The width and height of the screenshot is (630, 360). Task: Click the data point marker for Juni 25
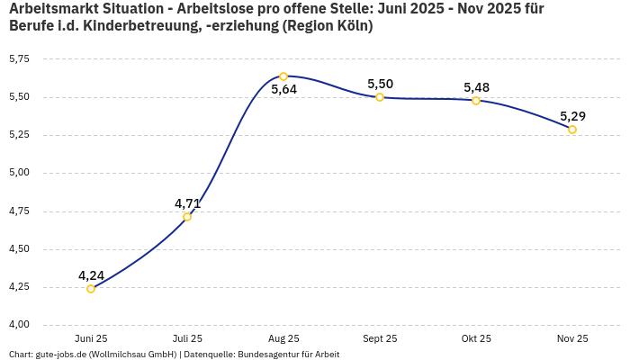pos(91,289)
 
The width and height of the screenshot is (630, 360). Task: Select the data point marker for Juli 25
pos(187,217)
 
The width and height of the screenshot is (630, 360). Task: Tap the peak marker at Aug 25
pos(283,76)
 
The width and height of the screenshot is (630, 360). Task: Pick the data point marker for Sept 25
pos(380,97)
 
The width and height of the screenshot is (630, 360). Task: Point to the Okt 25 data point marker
pos(476,101)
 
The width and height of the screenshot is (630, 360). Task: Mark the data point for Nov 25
pos(572,130)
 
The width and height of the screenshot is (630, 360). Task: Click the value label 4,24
pos(91,275)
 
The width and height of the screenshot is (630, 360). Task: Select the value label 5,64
pos(283,90)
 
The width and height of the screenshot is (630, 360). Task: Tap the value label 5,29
pos(572,116)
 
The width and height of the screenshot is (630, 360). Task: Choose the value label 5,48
pos(476,87)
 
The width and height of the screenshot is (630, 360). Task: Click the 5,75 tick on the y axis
pos(19,59)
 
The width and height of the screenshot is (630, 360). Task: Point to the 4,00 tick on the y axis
pos(19,325)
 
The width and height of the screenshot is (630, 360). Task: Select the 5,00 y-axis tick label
pos(19,173)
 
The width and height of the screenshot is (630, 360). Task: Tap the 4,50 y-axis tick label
pos(19,249)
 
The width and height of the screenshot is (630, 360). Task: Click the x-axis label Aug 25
pos(283,338)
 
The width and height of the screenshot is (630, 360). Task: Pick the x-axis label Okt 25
pos(476,338)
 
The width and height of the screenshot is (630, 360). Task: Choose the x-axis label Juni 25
pos(91,338)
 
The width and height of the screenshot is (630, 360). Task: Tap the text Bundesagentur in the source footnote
pos(265,355)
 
